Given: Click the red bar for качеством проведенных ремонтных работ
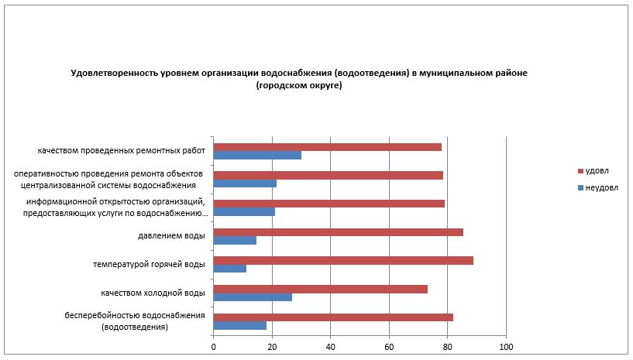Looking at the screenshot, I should pos(327,147).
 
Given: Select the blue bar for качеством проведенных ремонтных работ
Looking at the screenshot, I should pos(257,156).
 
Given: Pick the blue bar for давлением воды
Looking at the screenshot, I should pos(235,241).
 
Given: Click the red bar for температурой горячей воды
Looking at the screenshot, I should pos(343,260).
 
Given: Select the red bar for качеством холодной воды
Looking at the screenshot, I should pos(320,289).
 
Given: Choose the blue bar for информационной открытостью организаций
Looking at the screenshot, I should pos(244,212).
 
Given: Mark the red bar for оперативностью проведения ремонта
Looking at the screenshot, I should pos(328,175).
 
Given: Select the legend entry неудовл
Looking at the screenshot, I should pos(600,187).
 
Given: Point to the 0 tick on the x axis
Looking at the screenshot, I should pos(213,346).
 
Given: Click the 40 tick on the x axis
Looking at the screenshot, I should pos(330,346).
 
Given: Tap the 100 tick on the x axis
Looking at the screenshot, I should pos(506,346).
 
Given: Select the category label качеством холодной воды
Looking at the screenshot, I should pos(153,293).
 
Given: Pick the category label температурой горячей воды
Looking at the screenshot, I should pos(148,265).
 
